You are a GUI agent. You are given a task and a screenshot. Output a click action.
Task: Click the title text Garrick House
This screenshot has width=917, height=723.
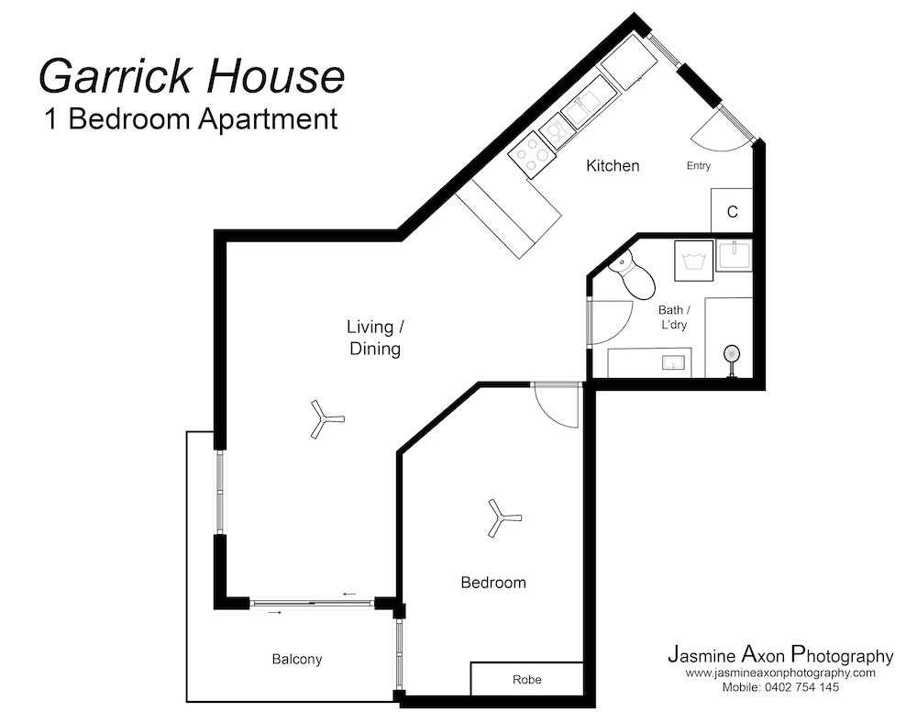(x=192, y=75)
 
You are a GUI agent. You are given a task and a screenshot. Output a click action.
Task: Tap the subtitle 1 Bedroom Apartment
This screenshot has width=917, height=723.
(x=192, y=119)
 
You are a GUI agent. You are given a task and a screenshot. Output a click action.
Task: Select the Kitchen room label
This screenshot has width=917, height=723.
(x=613, y=166)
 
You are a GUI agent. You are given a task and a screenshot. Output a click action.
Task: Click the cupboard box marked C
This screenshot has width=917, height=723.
(x=732, y=212)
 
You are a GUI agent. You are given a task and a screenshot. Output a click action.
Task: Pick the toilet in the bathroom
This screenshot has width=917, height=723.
(x=632, y=273)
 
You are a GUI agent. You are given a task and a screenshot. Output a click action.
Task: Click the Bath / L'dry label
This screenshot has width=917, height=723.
(x=673, y=318)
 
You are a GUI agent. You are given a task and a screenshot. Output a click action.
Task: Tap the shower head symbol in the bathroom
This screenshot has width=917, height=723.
(x=732, y=357)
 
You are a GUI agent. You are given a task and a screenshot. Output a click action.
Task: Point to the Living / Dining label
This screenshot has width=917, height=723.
(x=374, y=338)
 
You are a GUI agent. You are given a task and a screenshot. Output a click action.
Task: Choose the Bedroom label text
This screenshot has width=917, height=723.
(x=493, y=583)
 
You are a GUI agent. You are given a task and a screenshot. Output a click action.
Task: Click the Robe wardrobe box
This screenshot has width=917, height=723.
(x=527, y=680)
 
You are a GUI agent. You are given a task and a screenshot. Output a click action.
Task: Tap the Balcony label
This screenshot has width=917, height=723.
(x=297, y=659)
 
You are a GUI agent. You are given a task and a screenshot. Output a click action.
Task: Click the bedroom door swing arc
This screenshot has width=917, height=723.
(x=557, y=405)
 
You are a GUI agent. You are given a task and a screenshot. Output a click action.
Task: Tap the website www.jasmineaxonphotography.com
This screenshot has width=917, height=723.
(x=779, y=673)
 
